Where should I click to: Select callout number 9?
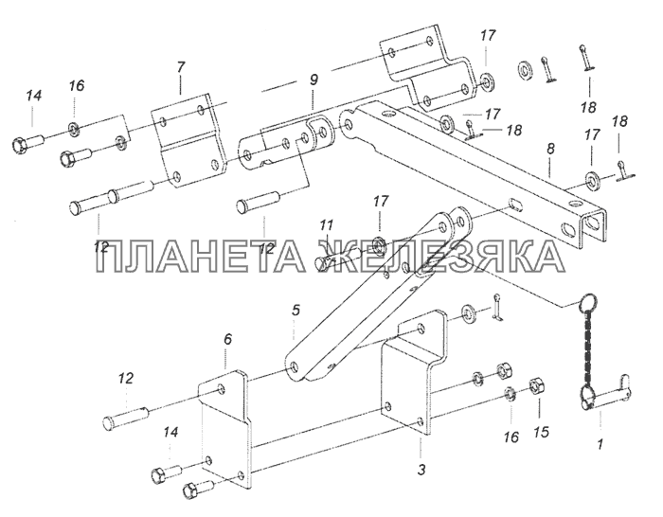(313, 80)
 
